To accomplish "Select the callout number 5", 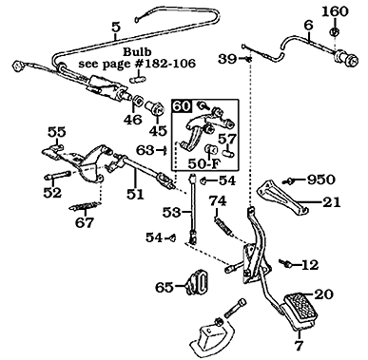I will click(x=116, y=27).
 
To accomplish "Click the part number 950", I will click(x=320, y=178).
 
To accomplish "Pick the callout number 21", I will click(x=330, y=201).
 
